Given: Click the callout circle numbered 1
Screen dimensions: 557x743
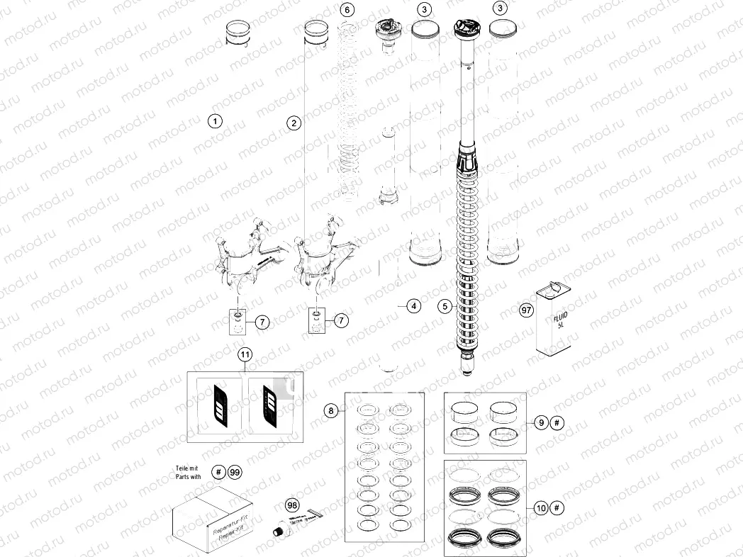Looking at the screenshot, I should (215, 121).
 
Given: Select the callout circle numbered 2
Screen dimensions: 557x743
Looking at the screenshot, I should (294, 123).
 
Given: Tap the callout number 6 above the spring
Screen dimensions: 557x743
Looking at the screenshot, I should (346, 10).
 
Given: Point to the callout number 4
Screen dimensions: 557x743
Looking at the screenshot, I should (413, 306).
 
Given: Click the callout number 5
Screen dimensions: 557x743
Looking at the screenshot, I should (445, 306).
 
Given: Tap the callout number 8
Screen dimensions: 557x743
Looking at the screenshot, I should (330, 410).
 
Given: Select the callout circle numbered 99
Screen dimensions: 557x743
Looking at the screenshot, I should (235, 473).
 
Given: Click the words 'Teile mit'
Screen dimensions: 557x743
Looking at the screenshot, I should (188, 468).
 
